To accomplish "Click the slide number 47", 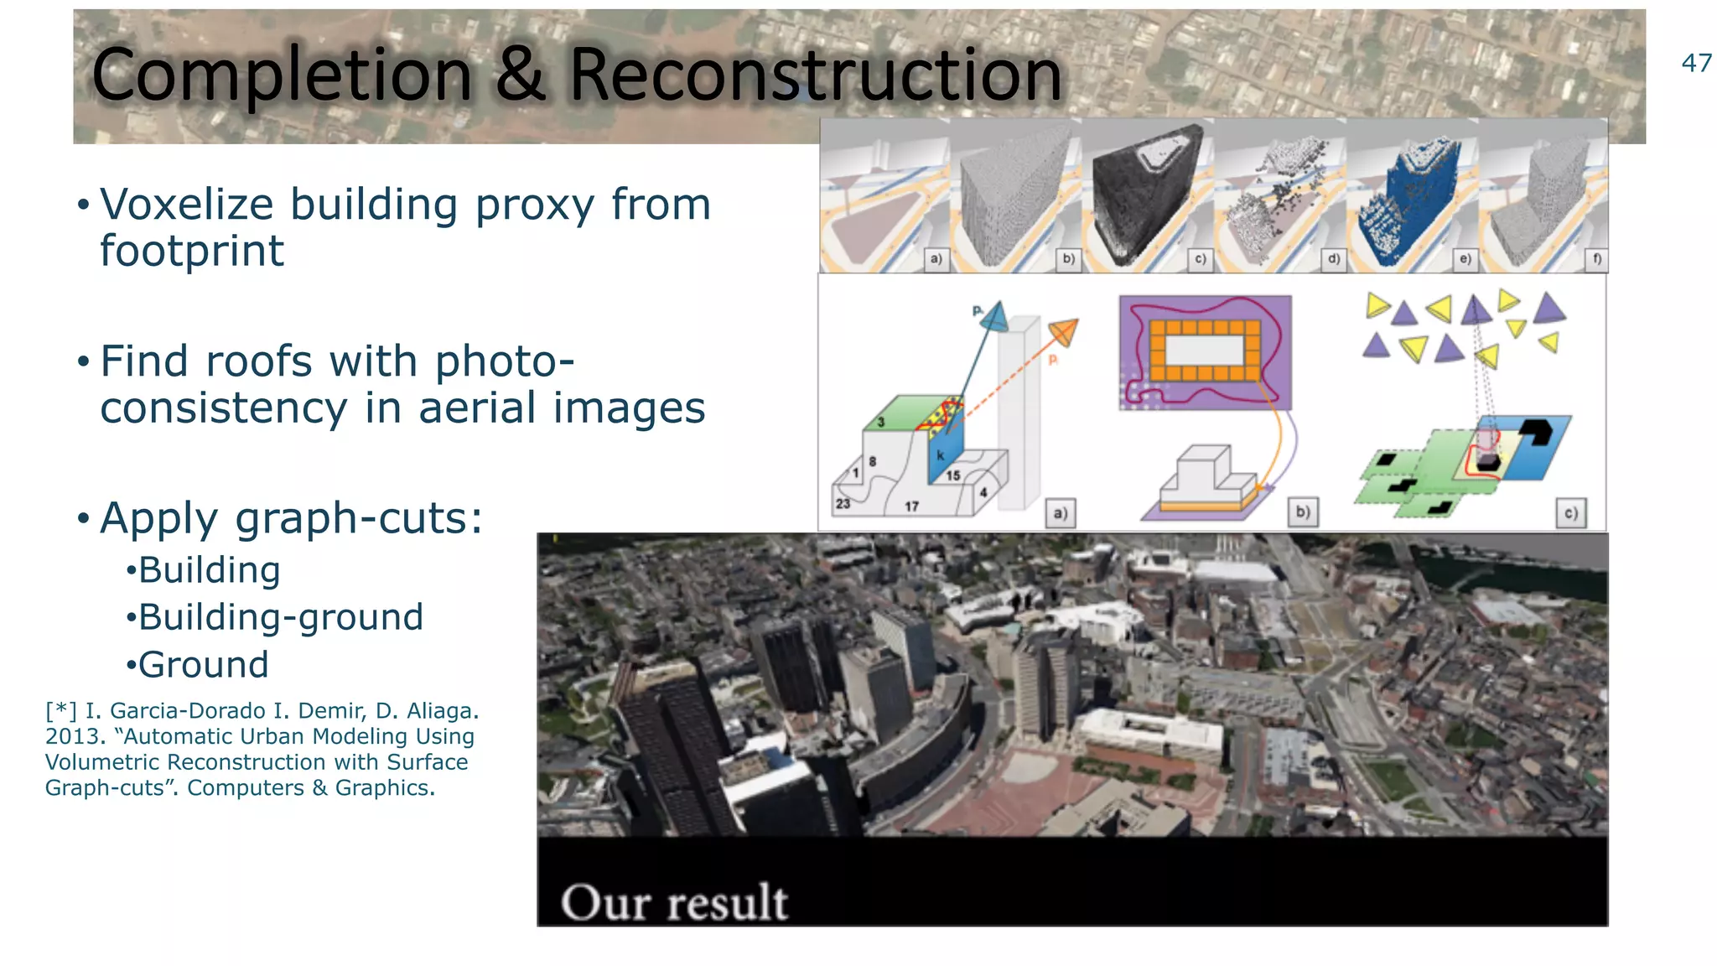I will pyautogui.click(x=1696, y=64).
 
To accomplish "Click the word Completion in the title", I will pyautogui.click(x=282, y=75).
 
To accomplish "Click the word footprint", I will pyautogui.click(x=192, y=252).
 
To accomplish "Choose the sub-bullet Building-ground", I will pyautogui.click(x=280, y=617).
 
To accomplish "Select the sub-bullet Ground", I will pyautogui.click(x=203, y=665).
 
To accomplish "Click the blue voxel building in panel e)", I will pyautogui.click(x=1408, y=205).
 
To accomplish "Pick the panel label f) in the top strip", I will pyautogui.click(x=1596, y=259).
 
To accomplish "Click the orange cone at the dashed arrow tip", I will pyautogui.click(x=1063, y=332).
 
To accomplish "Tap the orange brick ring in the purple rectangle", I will pyautogui.click(x=1205, y=351).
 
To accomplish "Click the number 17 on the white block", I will pyautogui.click(x=911, y=506).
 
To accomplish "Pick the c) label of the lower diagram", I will pyautogui.click(x=1570, y=512).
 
